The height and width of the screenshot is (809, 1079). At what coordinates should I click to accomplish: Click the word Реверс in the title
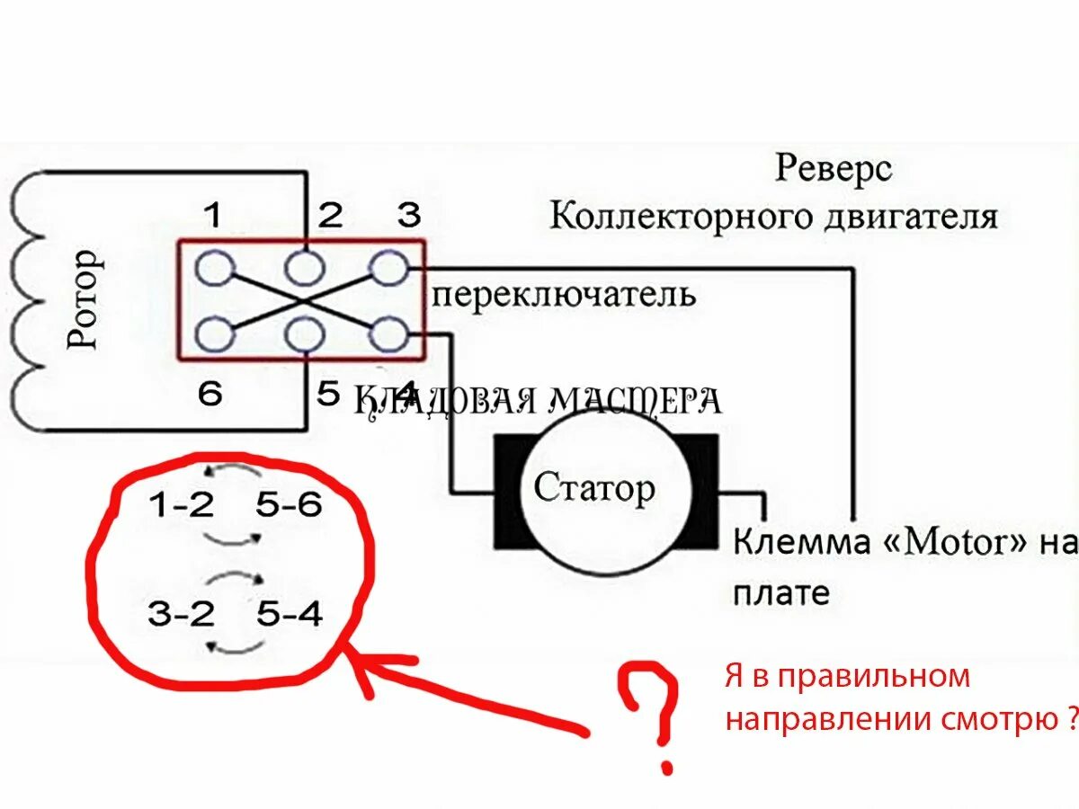pos(834,168)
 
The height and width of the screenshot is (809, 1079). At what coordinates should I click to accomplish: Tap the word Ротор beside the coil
pos(85,299)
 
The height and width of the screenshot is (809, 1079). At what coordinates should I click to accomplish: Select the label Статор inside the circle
pos(594,489)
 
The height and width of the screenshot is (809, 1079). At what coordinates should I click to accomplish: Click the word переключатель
pos(564,294)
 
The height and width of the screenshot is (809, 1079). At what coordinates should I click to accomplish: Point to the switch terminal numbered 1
pos(215,267)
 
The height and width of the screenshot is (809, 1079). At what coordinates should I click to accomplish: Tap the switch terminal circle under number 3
pos(388,267)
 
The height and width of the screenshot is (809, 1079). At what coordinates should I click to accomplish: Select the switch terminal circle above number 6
pos(215,334)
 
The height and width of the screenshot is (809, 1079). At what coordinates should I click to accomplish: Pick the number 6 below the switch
pos(210,394)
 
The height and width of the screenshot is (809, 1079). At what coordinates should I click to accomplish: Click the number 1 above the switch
pos(212,216)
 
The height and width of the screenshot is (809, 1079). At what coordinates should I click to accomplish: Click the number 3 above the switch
pos(409,216)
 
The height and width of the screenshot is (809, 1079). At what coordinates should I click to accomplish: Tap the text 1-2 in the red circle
pos(182,506)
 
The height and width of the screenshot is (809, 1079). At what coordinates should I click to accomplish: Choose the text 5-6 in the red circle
pos(288,506)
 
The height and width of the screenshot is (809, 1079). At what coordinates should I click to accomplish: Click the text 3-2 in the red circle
pos(182,615)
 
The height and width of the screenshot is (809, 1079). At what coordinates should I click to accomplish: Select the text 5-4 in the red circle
pos(288,615)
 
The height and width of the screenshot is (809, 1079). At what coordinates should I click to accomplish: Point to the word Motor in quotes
pos(954,542)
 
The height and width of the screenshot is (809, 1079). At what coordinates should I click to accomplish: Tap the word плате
pos(781,593)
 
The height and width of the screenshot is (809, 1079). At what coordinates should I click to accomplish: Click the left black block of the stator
pos(509,492)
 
